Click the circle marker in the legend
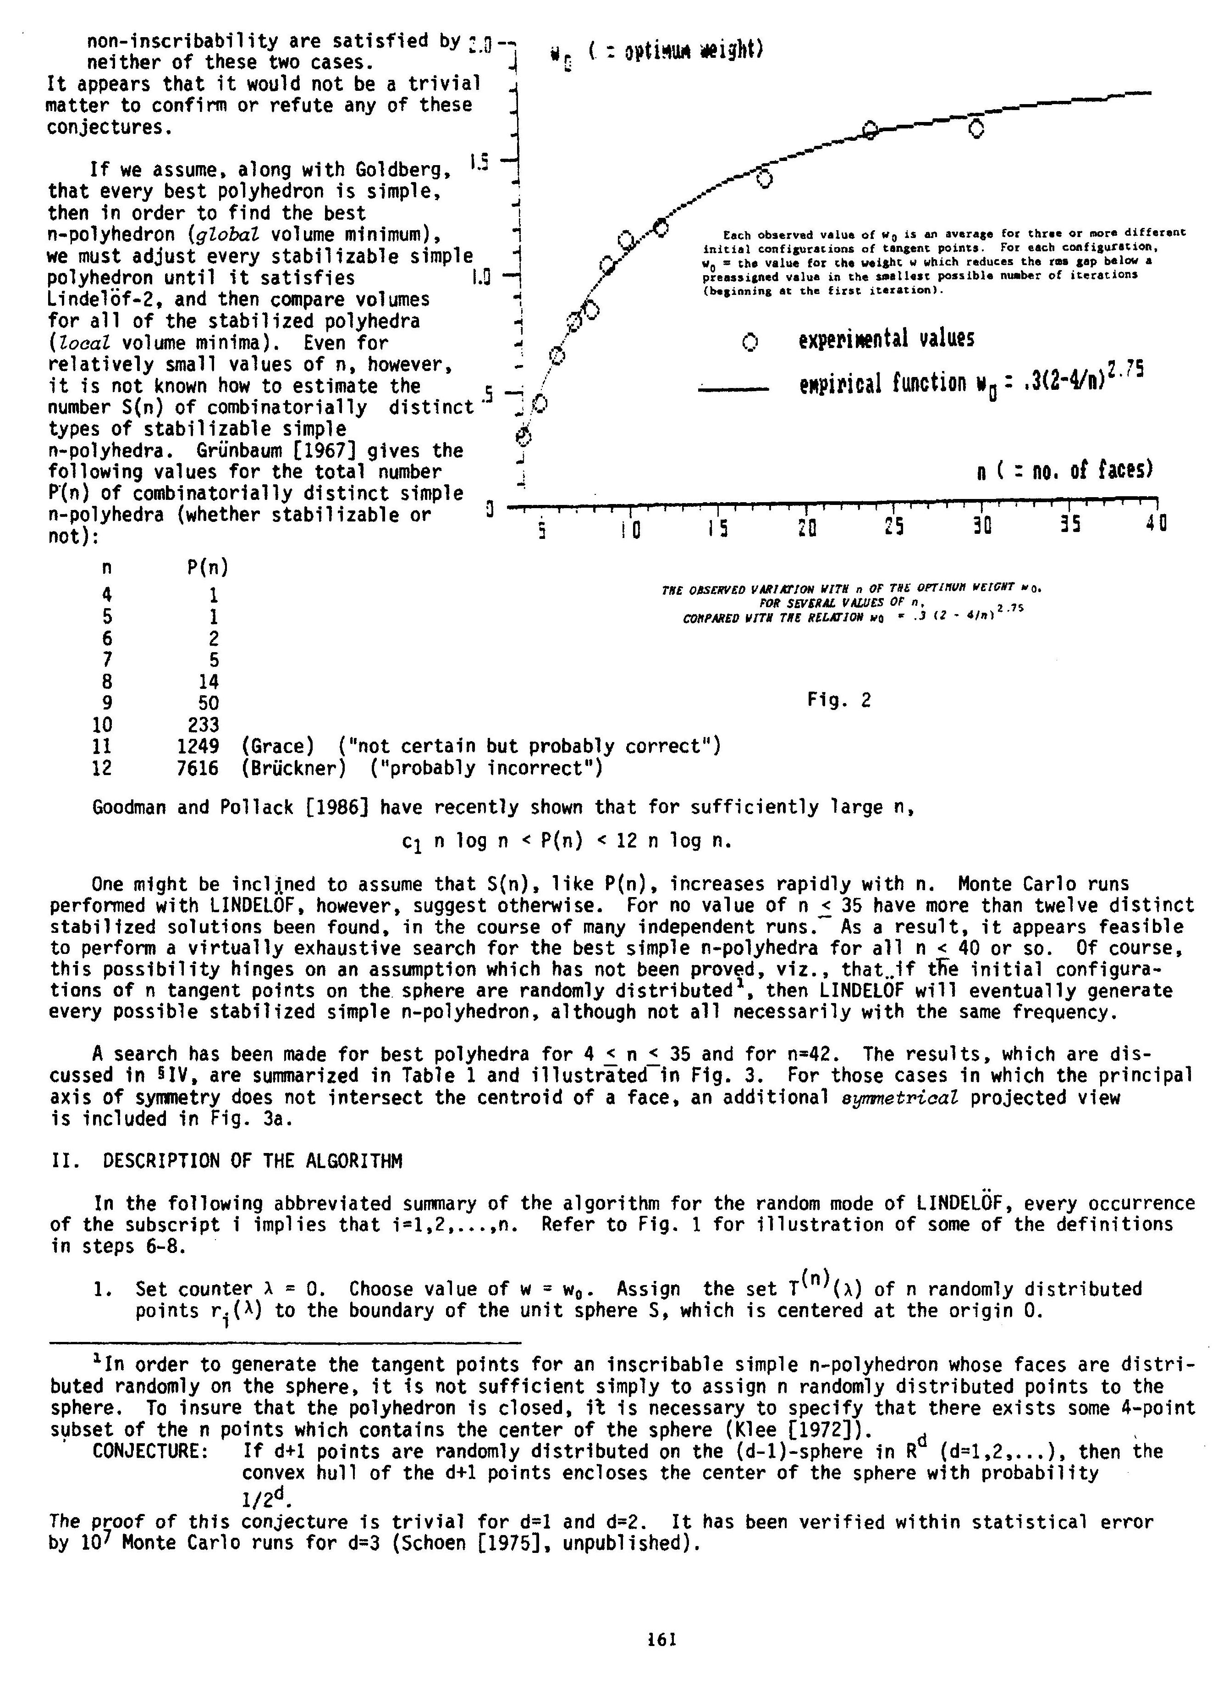[x=750, y=343]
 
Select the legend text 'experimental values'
[x=886, y=339]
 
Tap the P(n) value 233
[x=204, y=725]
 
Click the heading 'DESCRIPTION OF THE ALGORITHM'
[x=253, y=1161]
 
